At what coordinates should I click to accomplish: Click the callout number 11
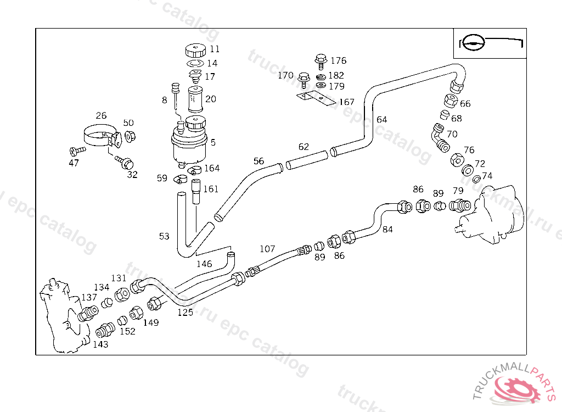(214, 49)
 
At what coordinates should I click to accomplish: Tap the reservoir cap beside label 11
(194, 51)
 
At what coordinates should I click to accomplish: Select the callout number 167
(346, 102)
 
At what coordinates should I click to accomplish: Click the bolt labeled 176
(321, 59)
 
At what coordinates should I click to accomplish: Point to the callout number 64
(381, 119)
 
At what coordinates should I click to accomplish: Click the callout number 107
(267, 249)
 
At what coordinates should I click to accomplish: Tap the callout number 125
(185, 312)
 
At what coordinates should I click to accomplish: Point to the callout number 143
(100, 344)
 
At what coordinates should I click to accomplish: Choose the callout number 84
(387, 230)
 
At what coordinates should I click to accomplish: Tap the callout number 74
(487, 176)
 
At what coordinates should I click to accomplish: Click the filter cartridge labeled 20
(195, 100)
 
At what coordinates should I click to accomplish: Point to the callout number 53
(164, 236)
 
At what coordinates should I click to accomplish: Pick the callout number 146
(204, 264)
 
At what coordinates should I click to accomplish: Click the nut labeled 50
(130, 136)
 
